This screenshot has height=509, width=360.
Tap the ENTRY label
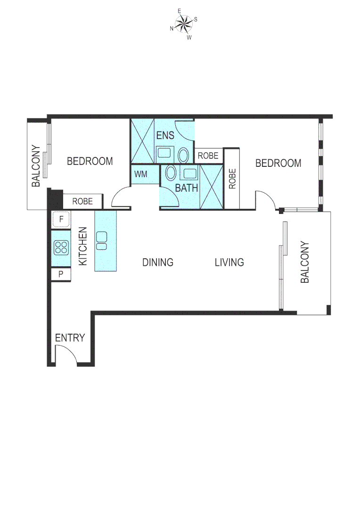pos(70,338)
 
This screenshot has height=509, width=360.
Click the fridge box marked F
pos(61,219)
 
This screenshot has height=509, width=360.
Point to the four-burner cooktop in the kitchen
pos(61,247)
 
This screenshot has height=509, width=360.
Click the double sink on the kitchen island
pos(101,240)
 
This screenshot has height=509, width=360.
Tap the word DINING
pos(158,263)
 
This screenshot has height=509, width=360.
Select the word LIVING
pos(229,263)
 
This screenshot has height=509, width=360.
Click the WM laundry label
pos(140,174)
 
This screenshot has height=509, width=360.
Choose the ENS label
pos(165,136)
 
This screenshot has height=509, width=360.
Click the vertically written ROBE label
pos(232,179)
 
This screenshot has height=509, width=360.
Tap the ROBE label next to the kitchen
pos(82,201)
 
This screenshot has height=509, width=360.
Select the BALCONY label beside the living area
pos(305,263)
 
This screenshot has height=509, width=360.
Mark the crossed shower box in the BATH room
pos(211,187)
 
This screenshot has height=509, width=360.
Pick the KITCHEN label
pos(83,246)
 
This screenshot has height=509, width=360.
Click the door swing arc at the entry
pos(66,353)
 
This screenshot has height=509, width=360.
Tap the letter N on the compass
pos(172,29)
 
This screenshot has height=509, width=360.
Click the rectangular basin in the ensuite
pos(164,153)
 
